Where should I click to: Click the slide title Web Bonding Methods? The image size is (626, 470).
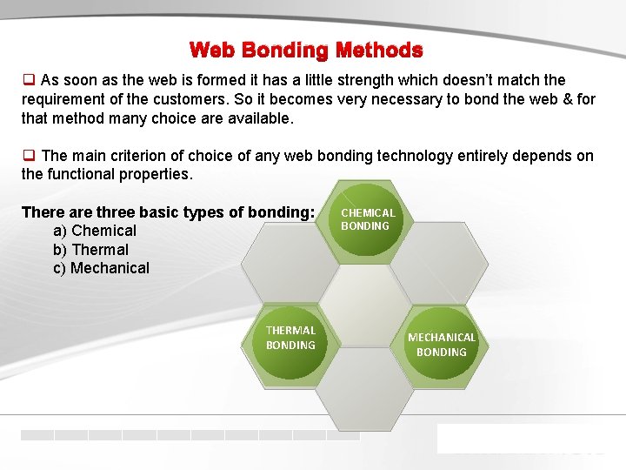(x=306, y=50)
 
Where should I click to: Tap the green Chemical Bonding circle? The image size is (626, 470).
(x=367, y=219)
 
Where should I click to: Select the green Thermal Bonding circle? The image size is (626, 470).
(x=290, y=338)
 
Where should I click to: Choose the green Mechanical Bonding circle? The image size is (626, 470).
(x=442, y=345)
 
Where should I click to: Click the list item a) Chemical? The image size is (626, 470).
(x=95, y=231)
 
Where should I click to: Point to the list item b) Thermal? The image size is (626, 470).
(x=90, y=250)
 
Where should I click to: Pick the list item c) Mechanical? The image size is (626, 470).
(x=101, y=268)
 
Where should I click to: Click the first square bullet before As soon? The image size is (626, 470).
(x=28, y=80)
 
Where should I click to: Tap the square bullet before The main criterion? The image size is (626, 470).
(x=28, y=156)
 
